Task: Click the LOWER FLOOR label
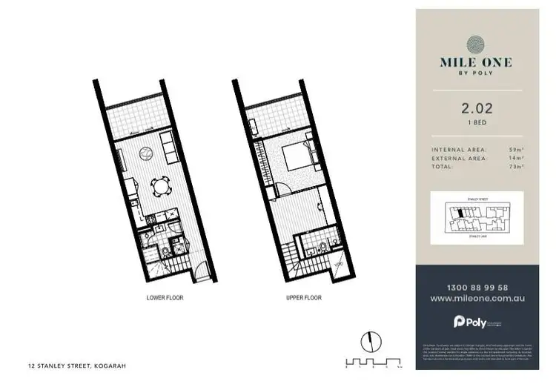[x=165, y=297]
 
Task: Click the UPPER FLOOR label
[x=303, y=297]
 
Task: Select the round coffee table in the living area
[x=146, y=154]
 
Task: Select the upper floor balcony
[x=275, y=117]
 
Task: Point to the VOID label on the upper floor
[x=337, y=265]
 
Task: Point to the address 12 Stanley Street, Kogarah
[x=70, y=365]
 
